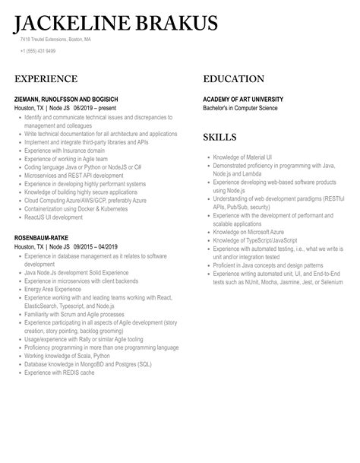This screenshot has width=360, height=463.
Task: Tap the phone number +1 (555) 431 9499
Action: [x=38, y=51]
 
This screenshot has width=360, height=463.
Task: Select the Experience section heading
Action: [x=46, y=79]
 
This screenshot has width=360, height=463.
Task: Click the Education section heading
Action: [x=233, y=79]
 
